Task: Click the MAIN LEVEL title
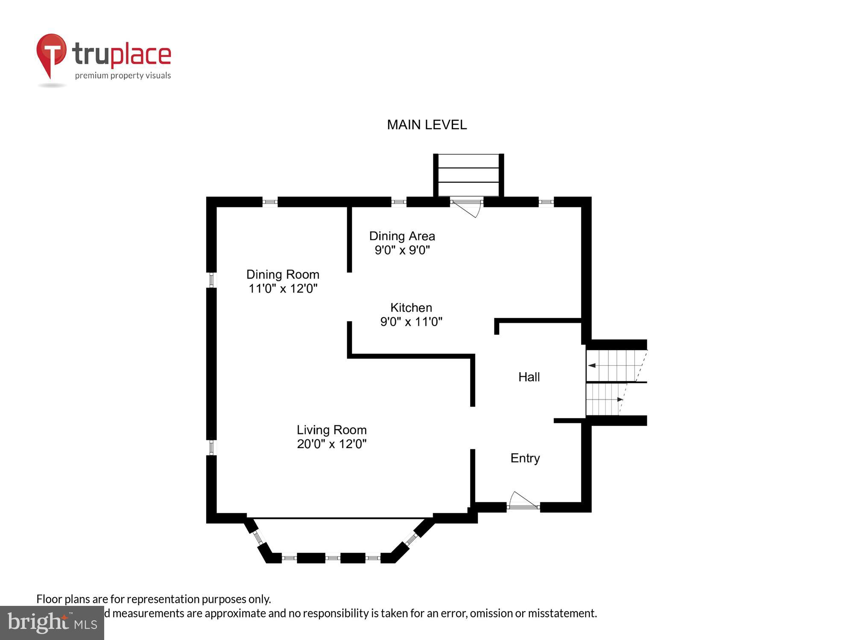coord(427,125)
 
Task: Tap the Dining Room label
coord(283,274)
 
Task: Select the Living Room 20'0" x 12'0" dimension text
coord(332,444)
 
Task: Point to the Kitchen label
coord(411,308)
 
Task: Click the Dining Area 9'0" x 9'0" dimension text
coord(402,250)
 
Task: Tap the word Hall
coord(529,377)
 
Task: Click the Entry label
coord(525,458)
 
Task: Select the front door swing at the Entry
coord(523,500)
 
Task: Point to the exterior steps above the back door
coord(468,175)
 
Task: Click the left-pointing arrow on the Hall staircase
coord(592,366)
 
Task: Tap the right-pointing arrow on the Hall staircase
coord(620,400)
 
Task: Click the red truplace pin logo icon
coord(51,53)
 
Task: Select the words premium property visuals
coord(123,76)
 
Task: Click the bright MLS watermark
coord(52,623)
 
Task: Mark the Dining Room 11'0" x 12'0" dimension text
coord(283,289)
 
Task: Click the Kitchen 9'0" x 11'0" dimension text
coord(411,322)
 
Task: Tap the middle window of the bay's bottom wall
coord(333,558)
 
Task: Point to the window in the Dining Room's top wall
coord(270,202)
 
